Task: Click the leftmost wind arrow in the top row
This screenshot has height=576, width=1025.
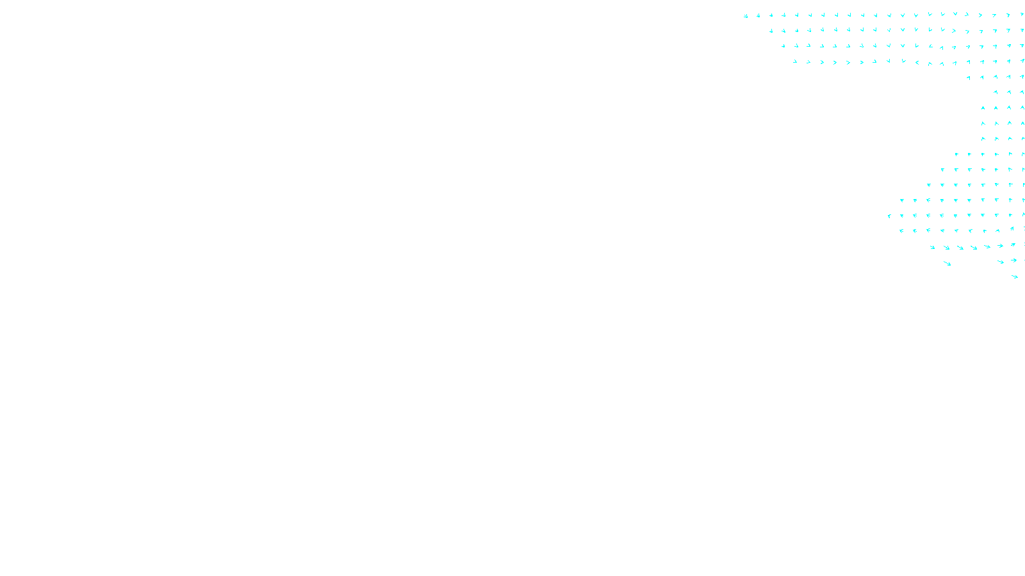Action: click(746, 16)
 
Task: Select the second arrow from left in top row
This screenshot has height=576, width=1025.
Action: click(758, 15)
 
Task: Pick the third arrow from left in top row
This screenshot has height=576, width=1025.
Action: click(771, 15)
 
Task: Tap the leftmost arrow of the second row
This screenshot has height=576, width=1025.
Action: click(771, 31)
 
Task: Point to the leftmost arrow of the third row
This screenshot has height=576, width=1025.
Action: click(783, 46)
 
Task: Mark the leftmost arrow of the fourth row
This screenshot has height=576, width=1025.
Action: click(795, 62)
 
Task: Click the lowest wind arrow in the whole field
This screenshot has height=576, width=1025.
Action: click(1015, 276)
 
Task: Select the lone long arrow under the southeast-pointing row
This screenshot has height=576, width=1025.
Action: click(947, 263)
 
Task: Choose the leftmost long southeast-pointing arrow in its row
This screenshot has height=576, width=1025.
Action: click(933, 247)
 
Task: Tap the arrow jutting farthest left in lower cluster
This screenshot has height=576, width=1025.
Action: click(889, 216)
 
